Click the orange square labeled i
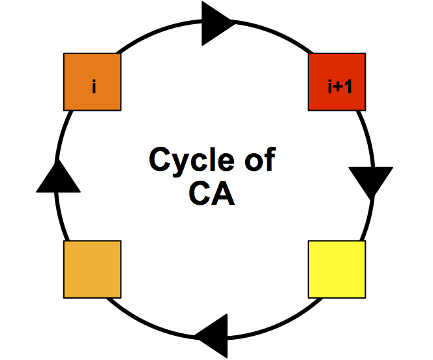(x=92, y=82)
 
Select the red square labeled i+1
(x=336, y=82)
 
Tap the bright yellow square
(x=336, y=269)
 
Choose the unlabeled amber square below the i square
(x=92, y=269)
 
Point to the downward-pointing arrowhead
(x=370, y=181)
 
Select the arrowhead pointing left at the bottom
(x=214, y=335)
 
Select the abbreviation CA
(x=211, y=194)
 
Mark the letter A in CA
(x=222, y=194)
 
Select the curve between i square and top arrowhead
(x=157, y=33)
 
